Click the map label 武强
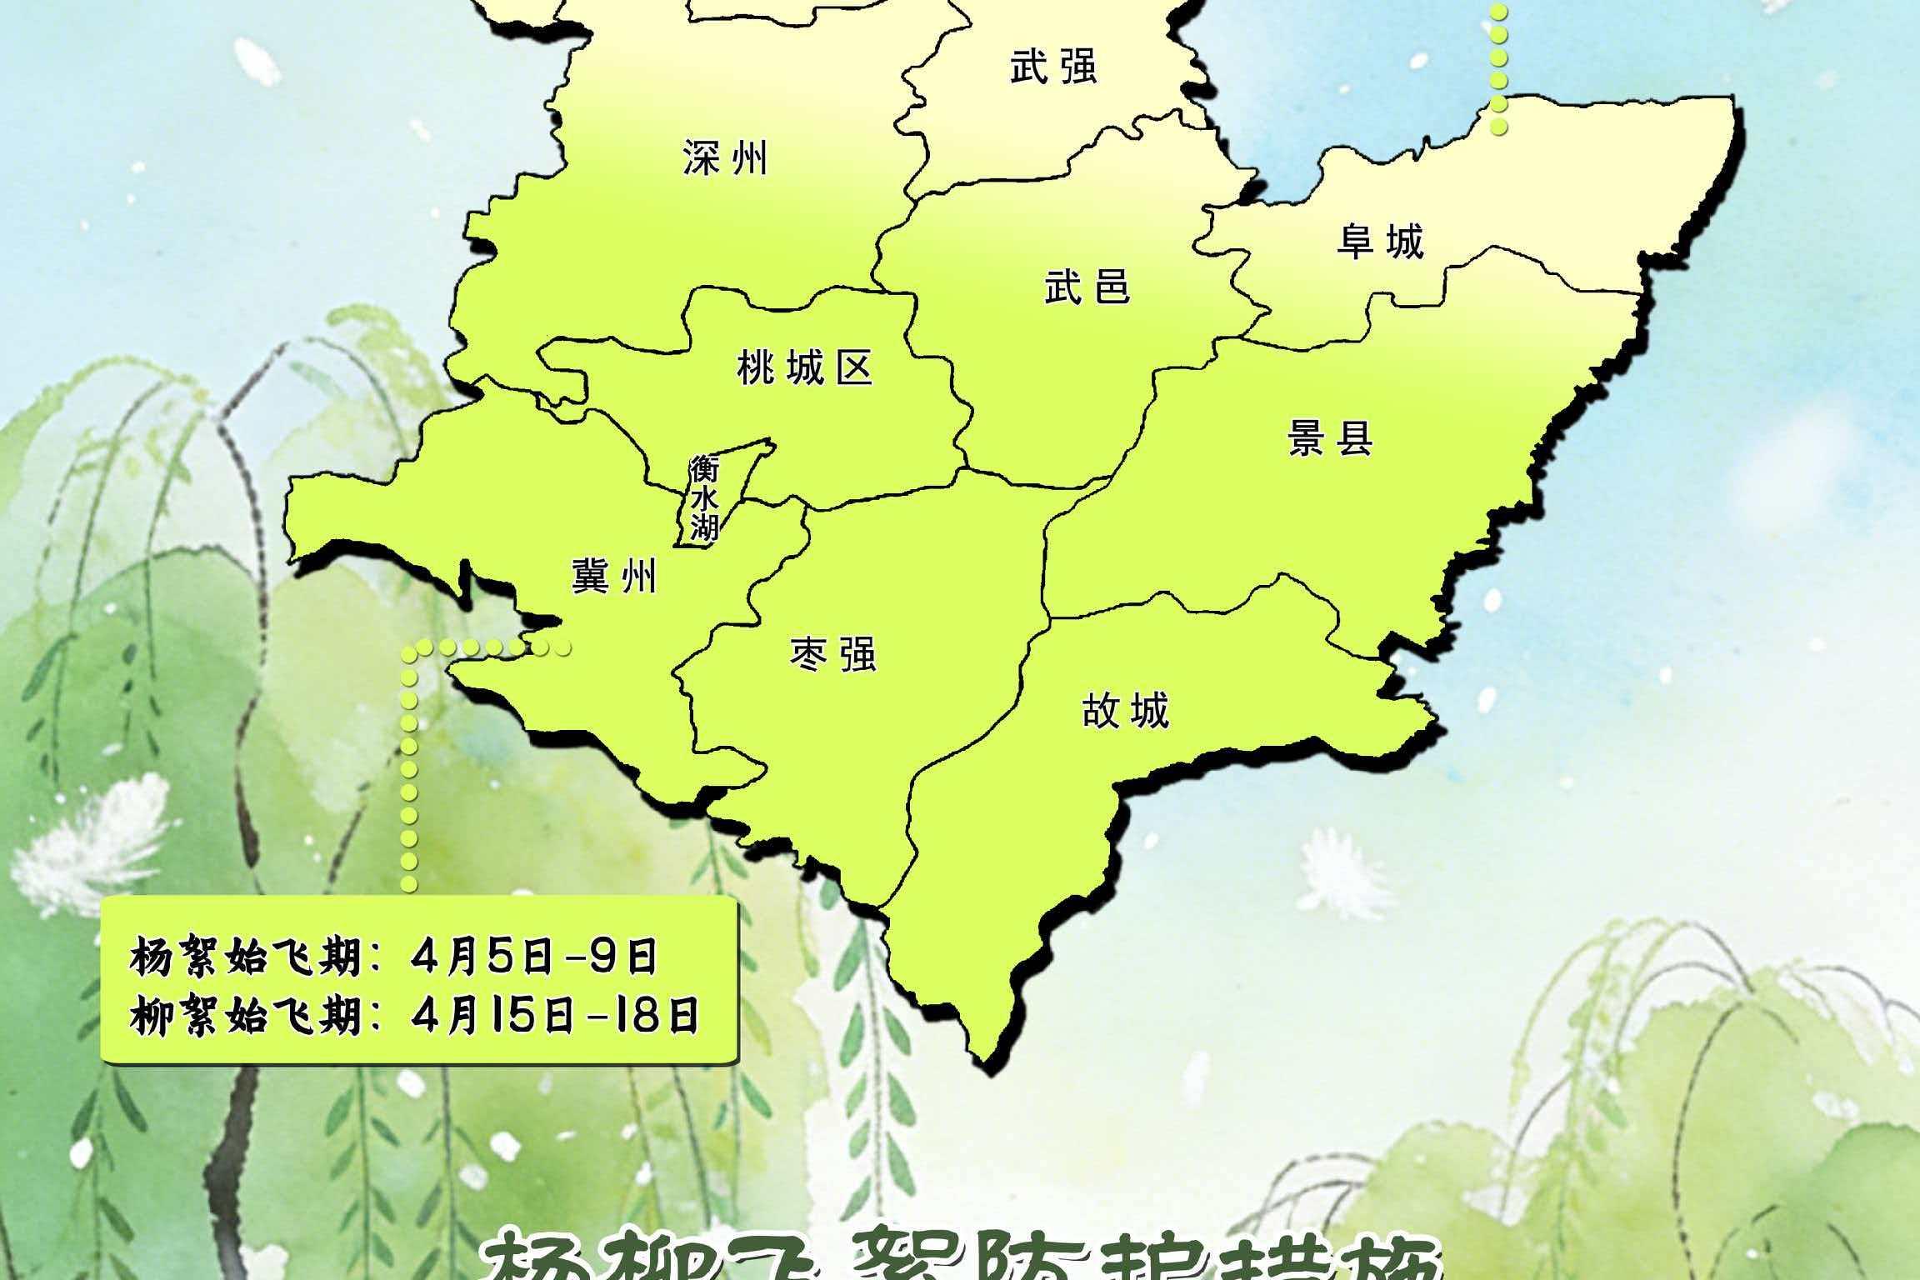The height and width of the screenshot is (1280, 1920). click(1053, 67)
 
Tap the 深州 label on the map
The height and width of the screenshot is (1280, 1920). click(725, 158)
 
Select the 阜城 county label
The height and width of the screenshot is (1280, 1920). click(1381, 242)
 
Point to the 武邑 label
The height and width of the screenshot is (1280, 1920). click(1087, 287)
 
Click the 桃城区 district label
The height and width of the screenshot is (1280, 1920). click(805, 367)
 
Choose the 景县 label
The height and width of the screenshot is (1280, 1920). click(1330, 438)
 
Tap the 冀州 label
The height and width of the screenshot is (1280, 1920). click(614, 576)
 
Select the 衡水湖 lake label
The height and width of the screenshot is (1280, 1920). click(704, 498)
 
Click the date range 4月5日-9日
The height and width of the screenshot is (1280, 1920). click(533, 957)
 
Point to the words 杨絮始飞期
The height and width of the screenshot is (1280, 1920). click(246, 957)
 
